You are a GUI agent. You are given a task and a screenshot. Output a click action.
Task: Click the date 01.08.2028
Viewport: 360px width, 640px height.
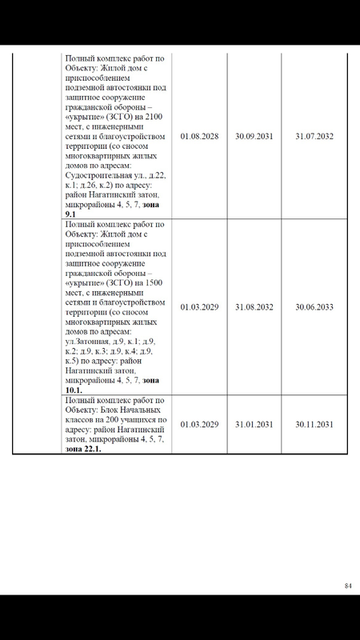pos(199,136)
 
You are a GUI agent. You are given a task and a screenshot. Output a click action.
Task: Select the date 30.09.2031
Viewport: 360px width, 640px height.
pos(254,136)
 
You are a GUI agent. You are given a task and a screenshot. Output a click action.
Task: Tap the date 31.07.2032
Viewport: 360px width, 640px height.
pos(314,136)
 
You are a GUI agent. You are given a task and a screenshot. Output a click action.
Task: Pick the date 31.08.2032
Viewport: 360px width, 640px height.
pos(254,306)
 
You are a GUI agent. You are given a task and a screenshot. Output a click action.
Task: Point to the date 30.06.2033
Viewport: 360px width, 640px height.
pos(314,306)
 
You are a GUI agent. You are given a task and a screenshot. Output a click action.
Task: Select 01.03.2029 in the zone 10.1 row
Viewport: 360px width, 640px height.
pos(199,306)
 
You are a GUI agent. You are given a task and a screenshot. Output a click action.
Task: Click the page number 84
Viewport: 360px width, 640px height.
pos(348,586)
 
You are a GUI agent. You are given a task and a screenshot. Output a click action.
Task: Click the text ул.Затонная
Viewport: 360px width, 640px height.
pos(85,341)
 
